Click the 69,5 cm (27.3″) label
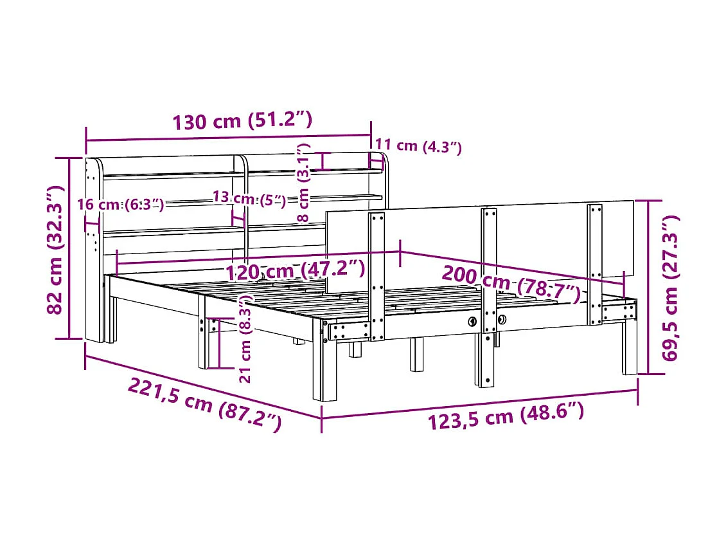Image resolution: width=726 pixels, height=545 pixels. [670, 288]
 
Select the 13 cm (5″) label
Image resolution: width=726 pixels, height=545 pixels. [249, 199]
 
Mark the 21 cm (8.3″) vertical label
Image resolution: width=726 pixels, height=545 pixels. [245, 339]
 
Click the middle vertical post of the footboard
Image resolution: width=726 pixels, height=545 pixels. [489, 296]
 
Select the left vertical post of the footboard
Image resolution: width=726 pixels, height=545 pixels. [376, 273]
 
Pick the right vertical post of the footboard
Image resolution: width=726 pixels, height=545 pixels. [595, 264]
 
